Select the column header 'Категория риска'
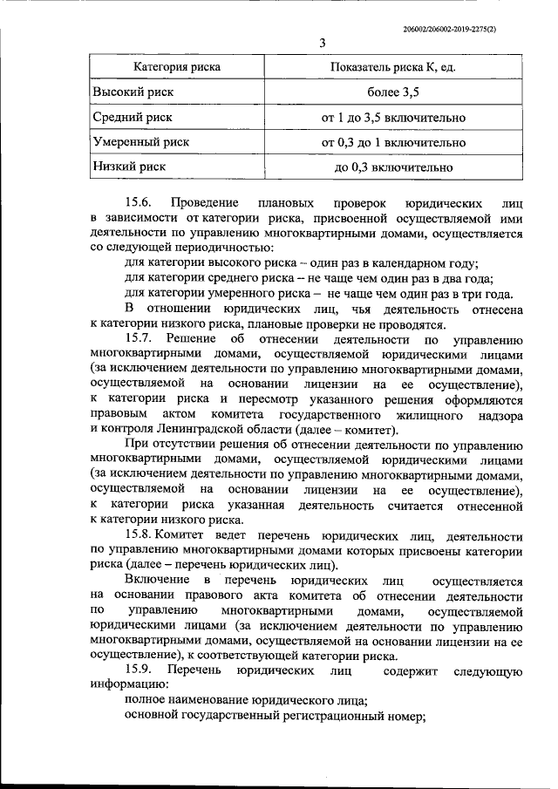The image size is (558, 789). click(176, 66)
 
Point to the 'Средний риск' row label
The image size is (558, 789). click(133, 117)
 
